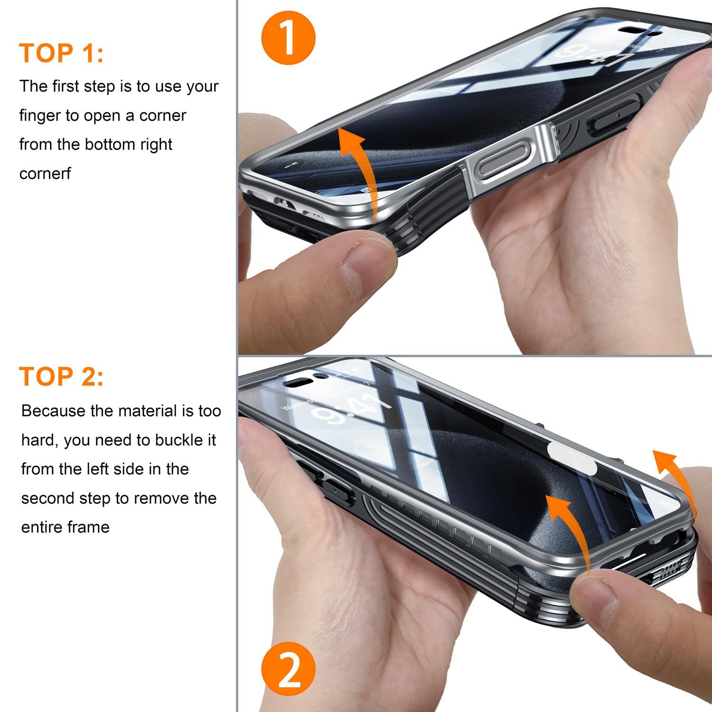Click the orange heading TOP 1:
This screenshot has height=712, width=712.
click(x=61, y=53)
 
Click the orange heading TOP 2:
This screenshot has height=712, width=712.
click(x=61, y=377)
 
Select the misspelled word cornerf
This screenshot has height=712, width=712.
click(x=45, y=174)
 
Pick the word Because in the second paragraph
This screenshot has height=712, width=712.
click(x=53, y=411)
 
